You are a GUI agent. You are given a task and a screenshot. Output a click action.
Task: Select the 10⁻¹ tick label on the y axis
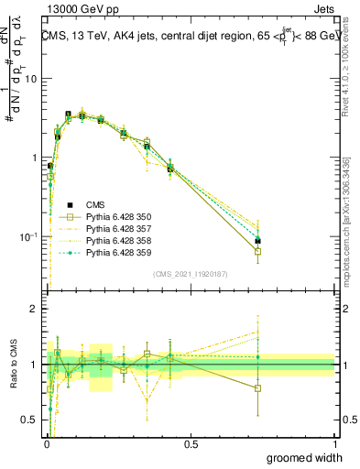click(28, 237)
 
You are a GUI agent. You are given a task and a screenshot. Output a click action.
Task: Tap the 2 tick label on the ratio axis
click(34, 310)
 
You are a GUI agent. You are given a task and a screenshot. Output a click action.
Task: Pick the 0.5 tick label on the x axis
click(191, 444)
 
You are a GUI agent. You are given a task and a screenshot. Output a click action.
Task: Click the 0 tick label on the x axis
click(46, 444)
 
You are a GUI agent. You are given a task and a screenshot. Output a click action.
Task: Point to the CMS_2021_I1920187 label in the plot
click(191, 274)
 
